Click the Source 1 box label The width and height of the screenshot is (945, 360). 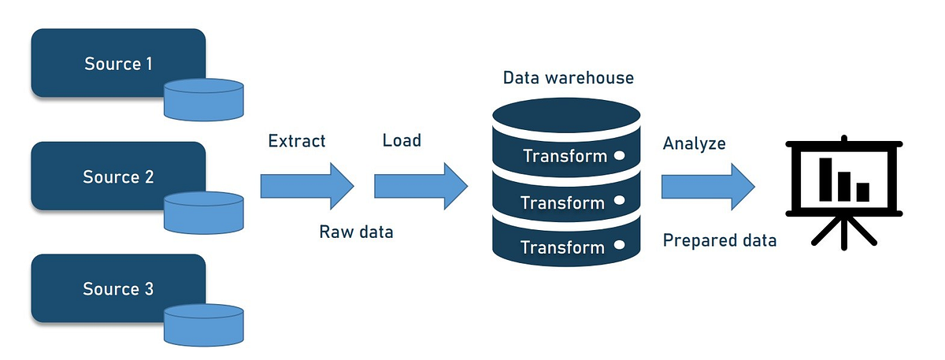[x=118, y=64]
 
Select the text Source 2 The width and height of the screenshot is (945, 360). [x=118, y=176]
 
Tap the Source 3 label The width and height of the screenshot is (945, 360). [x=118, y=289]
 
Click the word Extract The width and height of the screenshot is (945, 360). [x=297, y=142]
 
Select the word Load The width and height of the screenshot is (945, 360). [x=402, y=141]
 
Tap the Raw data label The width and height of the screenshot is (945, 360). [x=356, y=232]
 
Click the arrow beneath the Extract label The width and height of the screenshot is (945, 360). [x=306, y=187]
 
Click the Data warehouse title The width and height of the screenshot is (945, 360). [x=568, y=79]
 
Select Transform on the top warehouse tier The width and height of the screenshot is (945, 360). [x=565, y=156]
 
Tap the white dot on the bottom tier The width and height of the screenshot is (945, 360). [x=620, y=247]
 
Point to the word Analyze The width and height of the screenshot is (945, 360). [x=694, y=144]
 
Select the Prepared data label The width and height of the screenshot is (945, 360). [x=719, y=240]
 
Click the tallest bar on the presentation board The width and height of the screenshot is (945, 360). [x=826, y=179]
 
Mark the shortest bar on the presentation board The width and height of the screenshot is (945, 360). [x=862, y=191]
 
